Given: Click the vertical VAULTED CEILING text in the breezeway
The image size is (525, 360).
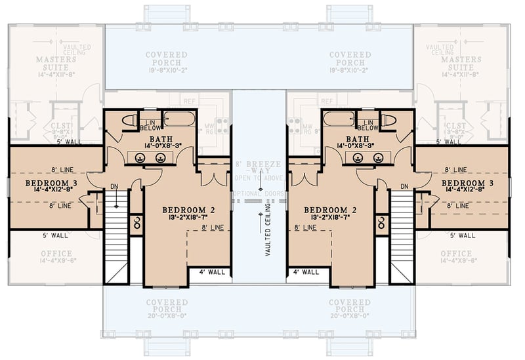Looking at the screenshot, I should point(268,230).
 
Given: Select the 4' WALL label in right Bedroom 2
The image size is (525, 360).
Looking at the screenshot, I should point(306,271).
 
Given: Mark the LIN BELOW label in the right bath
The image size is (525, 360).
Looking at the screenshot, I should point(368,125).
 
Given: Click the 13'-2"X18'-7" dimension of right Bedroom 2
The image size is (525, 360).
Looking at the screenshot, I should point(330,218).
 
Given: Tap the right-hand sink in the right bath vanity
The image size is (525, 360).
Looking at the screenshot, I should point(378,157).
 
